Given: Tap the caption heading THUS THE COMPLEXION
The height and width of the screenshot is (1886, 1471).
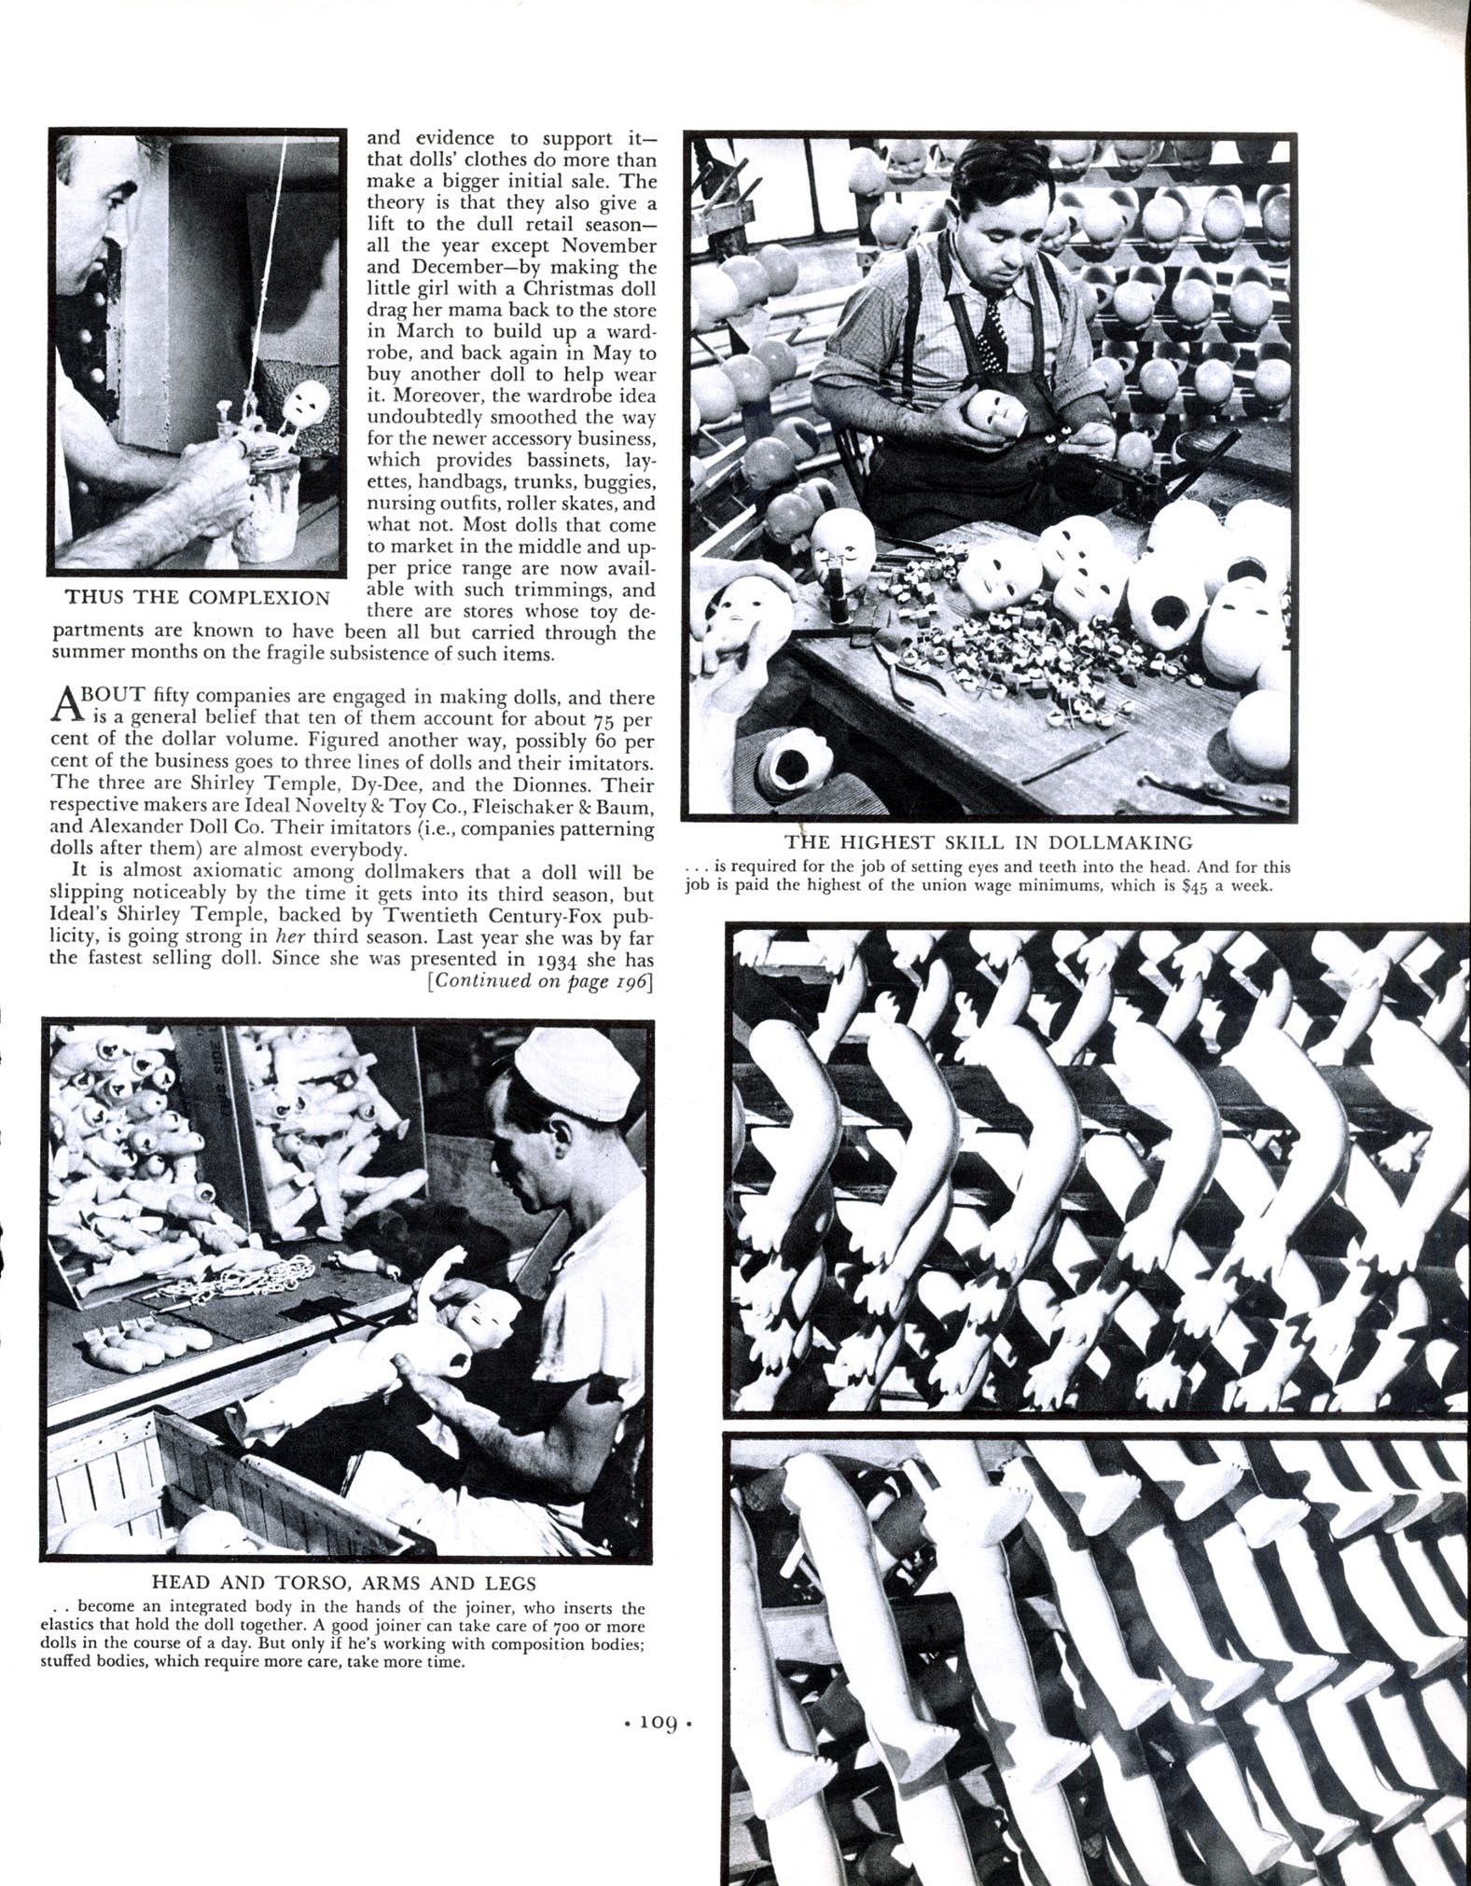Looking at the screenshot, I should (198, 598).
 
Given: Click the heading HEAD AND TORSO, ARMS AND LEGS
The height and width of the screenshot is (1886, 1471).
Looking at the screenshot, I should (343, 1583).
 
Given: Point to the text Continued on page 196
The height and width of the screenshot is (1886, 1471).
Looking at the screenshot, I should (538, 981).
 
